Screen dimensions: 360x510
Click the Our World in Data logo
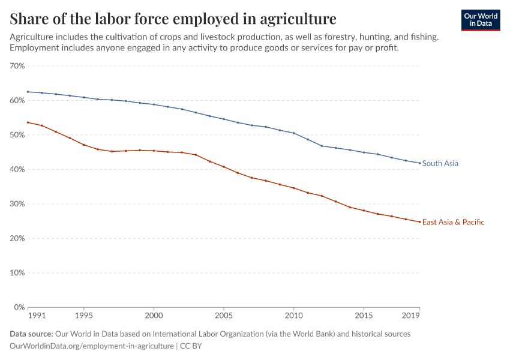pyautogui.click(x=480, y=20)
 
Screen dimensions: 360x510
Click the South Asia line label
pyautogui.click(x=440, y=163)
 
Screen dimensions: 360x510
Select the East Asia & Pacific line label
pyautogui.click(x=453, y=222)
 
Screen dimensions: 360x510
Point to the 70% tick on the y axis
pyautogui.click(x=17, y=66)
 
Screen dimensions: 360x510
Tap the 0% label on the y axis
pyautogui.click(x=19, y=307)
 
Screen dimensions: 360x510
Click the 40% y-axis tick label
pyautogui.click(x=17, y=169)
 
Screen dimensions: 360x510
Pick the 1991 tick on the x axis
pyautogui.click(x=37, y=315)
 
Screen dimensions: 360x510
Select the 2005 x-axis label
pyautogui.click(x=224, y=315)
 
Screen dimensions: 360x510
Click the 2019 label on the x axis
pyautogui.click(x=411, y=315)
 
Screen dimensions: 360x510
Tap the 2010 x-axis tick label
pyautogui.click(x=293, y=315)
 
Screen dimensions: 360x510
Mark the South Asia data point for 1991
pyautogui.click(x=28, y=92)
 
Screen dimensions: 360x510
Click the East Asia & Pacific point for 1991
pyautogui.click(x=28, y=122)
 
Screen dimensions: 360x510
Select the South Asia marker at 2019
pyautogui.click(x=419, y=163)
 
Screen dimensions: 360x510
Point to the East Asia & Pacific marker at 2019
pyautogui.click(x=419, y=222)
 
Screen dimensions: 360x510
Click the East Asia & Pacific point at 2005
pyautogui.click(x=224, y=167)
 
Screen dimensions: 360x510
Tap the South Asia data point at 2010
pyautogui.click(x=293, y=133)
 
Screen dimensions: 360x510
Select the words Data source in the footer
pyautogui.click(x=31, y=334)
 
